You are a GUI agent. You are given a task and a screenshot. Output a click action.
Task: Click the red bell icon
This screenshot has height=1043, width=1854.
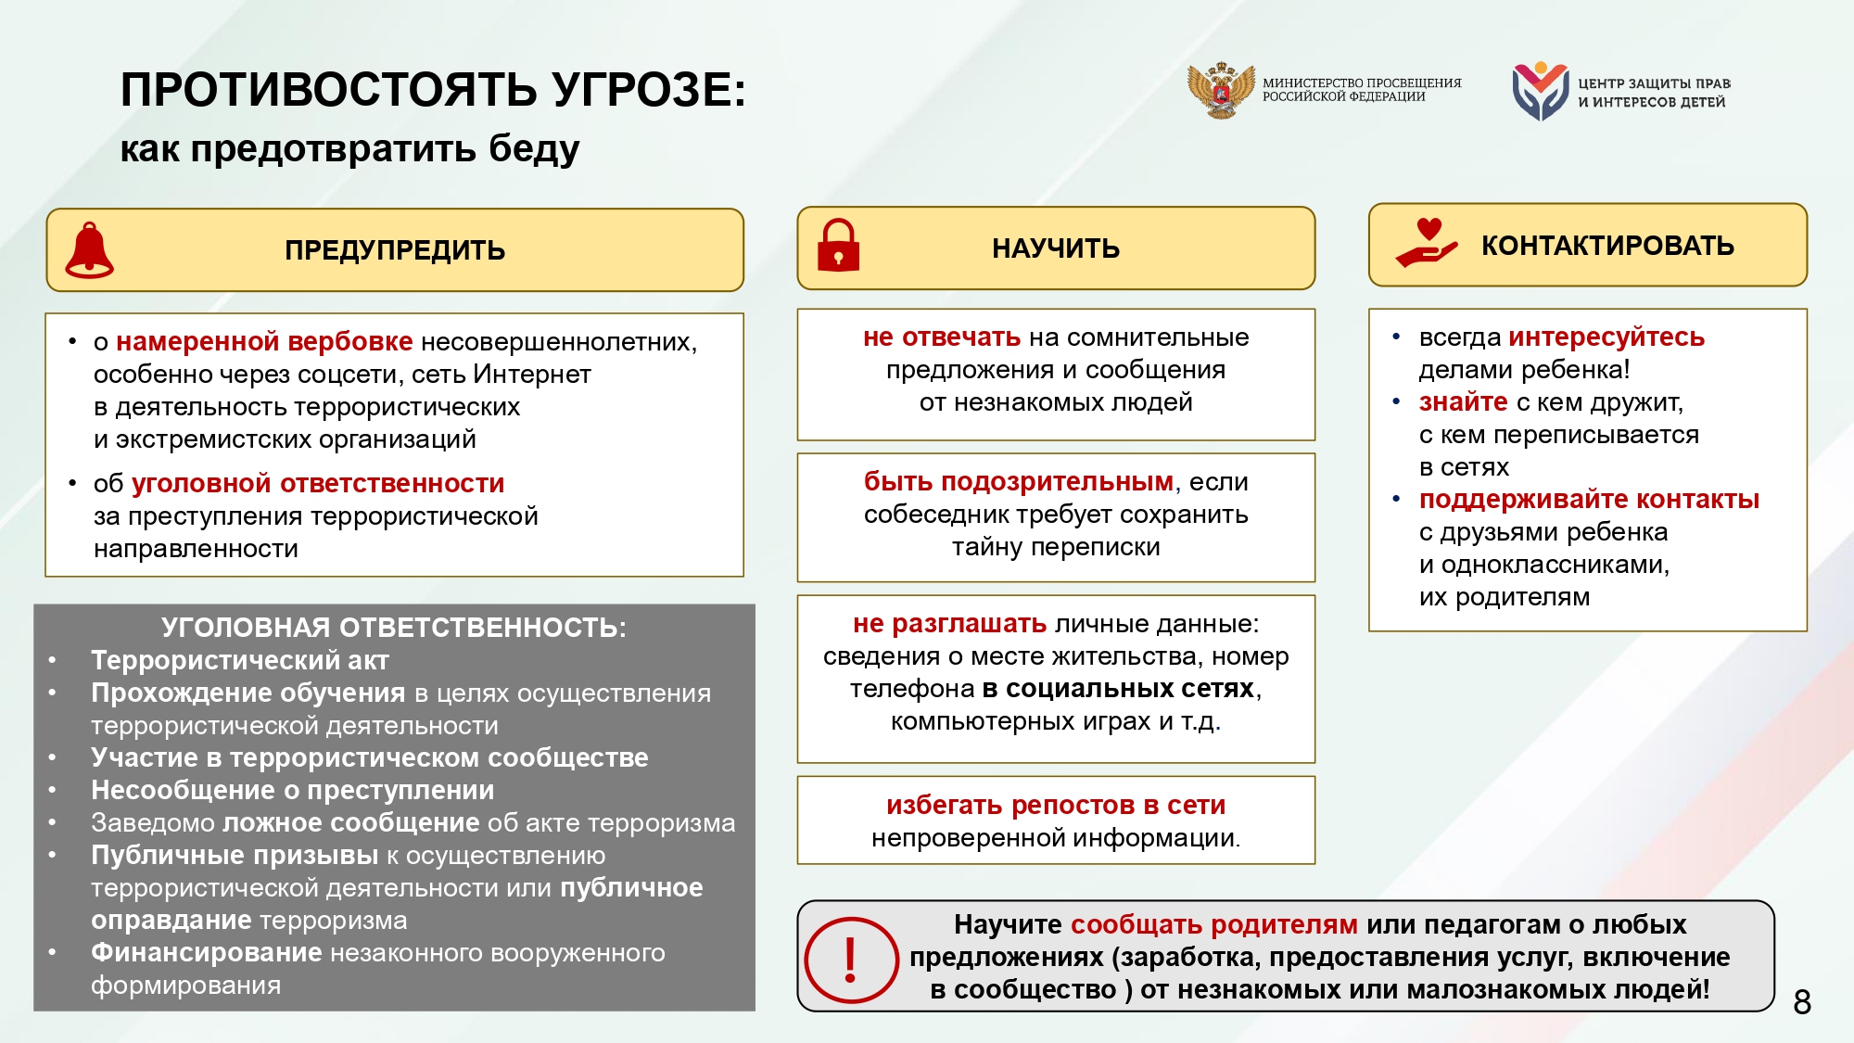[x=89, y=250]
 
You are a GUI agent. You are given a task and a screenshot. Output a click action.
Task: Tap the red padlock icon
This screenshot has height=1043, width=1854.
[x=838, y=246]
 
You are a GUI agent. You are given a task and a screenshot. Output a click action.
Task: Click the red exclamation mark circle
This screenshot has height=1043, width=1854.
[x=851, y=960]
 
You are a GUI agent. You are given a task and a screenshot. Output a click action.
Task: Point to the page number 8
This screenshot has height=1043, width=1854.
[x=1802, y=1002]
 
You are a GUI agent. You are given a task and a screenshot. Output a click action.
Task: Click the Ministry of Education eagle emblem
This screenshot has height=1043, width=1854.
[x=1221, y=90]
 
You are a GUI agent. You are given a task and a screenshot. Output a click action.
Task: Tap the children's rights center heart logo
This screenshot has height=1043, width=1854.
[x=1540, y=91]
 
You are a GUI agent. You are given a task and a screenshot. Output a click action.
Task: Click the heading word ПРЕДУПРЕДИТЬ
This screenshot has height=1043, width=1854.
[x=395, y=250]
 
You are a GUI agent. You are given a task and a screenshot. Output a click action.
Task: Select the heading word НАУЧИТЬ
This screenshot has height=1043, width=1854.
[x=1056, y=248]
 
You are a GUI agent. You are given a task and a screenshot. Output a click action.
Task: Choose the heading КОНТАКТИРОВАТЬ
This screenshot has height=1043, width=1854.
[x=1607, y=246]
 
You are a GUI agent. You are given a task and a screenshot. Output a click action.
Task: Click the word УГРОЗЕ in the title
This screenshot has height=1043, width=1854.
[x=648, y=90]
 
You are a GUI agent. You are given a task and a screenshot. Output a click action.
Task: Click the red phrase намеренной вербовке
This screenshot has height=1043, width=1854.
[x=264, y=341]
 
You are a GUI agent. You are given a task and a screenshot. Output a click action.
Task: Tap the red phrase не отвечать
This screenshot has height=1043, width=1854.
[x=941, y=337]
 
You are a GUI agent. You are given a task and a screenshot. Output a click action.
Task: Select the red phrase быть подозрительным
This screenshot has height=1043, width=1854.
[x=1018, y=481]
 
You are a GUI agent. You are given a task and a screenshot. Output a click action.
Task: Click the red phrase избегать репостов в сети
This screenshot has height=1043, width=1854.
[x=1056, y=805]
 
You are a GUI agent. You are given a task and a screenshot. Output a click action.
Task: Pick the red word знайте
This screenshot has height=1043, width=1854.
[x=1463, y=401]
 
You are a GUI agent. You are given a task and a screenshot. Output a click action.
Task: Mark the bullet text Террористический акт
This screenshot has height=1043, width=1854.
[x=239, y=660]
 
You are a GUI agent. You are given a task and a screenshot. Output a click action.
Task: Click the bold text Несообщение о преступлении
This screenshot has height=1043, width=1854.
[x=292, y=790]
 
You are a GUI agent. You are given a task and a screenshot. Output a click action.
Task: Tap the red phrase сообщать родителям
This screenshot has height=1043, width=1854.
[x=1213, y=924]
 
